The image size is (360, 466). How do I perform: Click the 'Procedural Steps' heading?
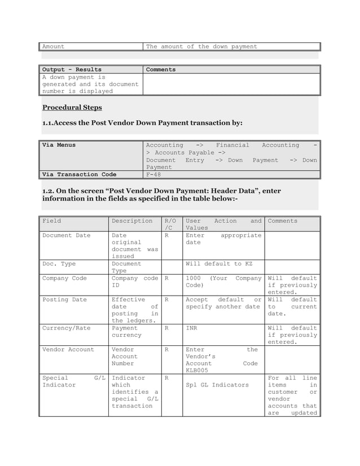(72, 108)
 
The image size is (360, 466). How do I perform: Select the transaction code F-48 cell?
(153, 174)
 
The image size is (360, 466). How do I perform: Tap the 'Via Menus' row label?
(59, 146)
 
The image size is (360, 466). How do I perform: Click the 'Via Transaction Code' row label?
(79, 174)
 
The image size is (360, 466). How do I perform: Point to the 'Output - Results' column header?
(72, 69)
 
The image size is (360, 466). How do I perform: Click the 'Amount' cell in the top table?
(54, 46)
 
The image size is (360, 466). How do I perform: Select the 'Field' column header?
(52, 221)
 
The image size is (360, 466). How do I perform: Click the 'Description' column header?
(132, 221)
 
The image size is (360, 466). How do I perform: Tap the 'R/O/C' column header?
(170, 225)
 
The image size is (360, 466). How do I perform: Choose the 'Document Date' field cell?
(66, 235)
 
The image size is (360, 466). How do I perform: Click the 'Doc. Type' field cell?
(59, 263)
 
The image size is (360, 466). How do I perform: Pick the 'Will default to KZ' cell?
(221, 263)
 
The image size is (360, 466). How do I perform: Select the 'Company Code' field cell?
(64, 278)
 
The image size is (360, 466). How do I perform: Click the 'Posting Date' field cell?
(64, 300)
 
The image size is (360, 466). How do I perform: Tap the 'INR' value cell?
(192, 328)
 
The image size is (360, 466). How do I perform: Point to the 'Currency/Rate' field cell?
(66, 328)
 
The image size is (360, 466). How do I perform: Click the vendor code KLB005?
(197, 371)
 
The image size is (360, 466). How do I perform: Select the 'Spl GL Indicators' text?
(217, 385)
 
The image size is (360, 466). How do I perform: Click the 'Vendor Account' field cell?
(68, 349)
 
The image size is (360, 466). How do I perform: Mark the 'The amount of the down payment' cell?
(201, 46)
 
